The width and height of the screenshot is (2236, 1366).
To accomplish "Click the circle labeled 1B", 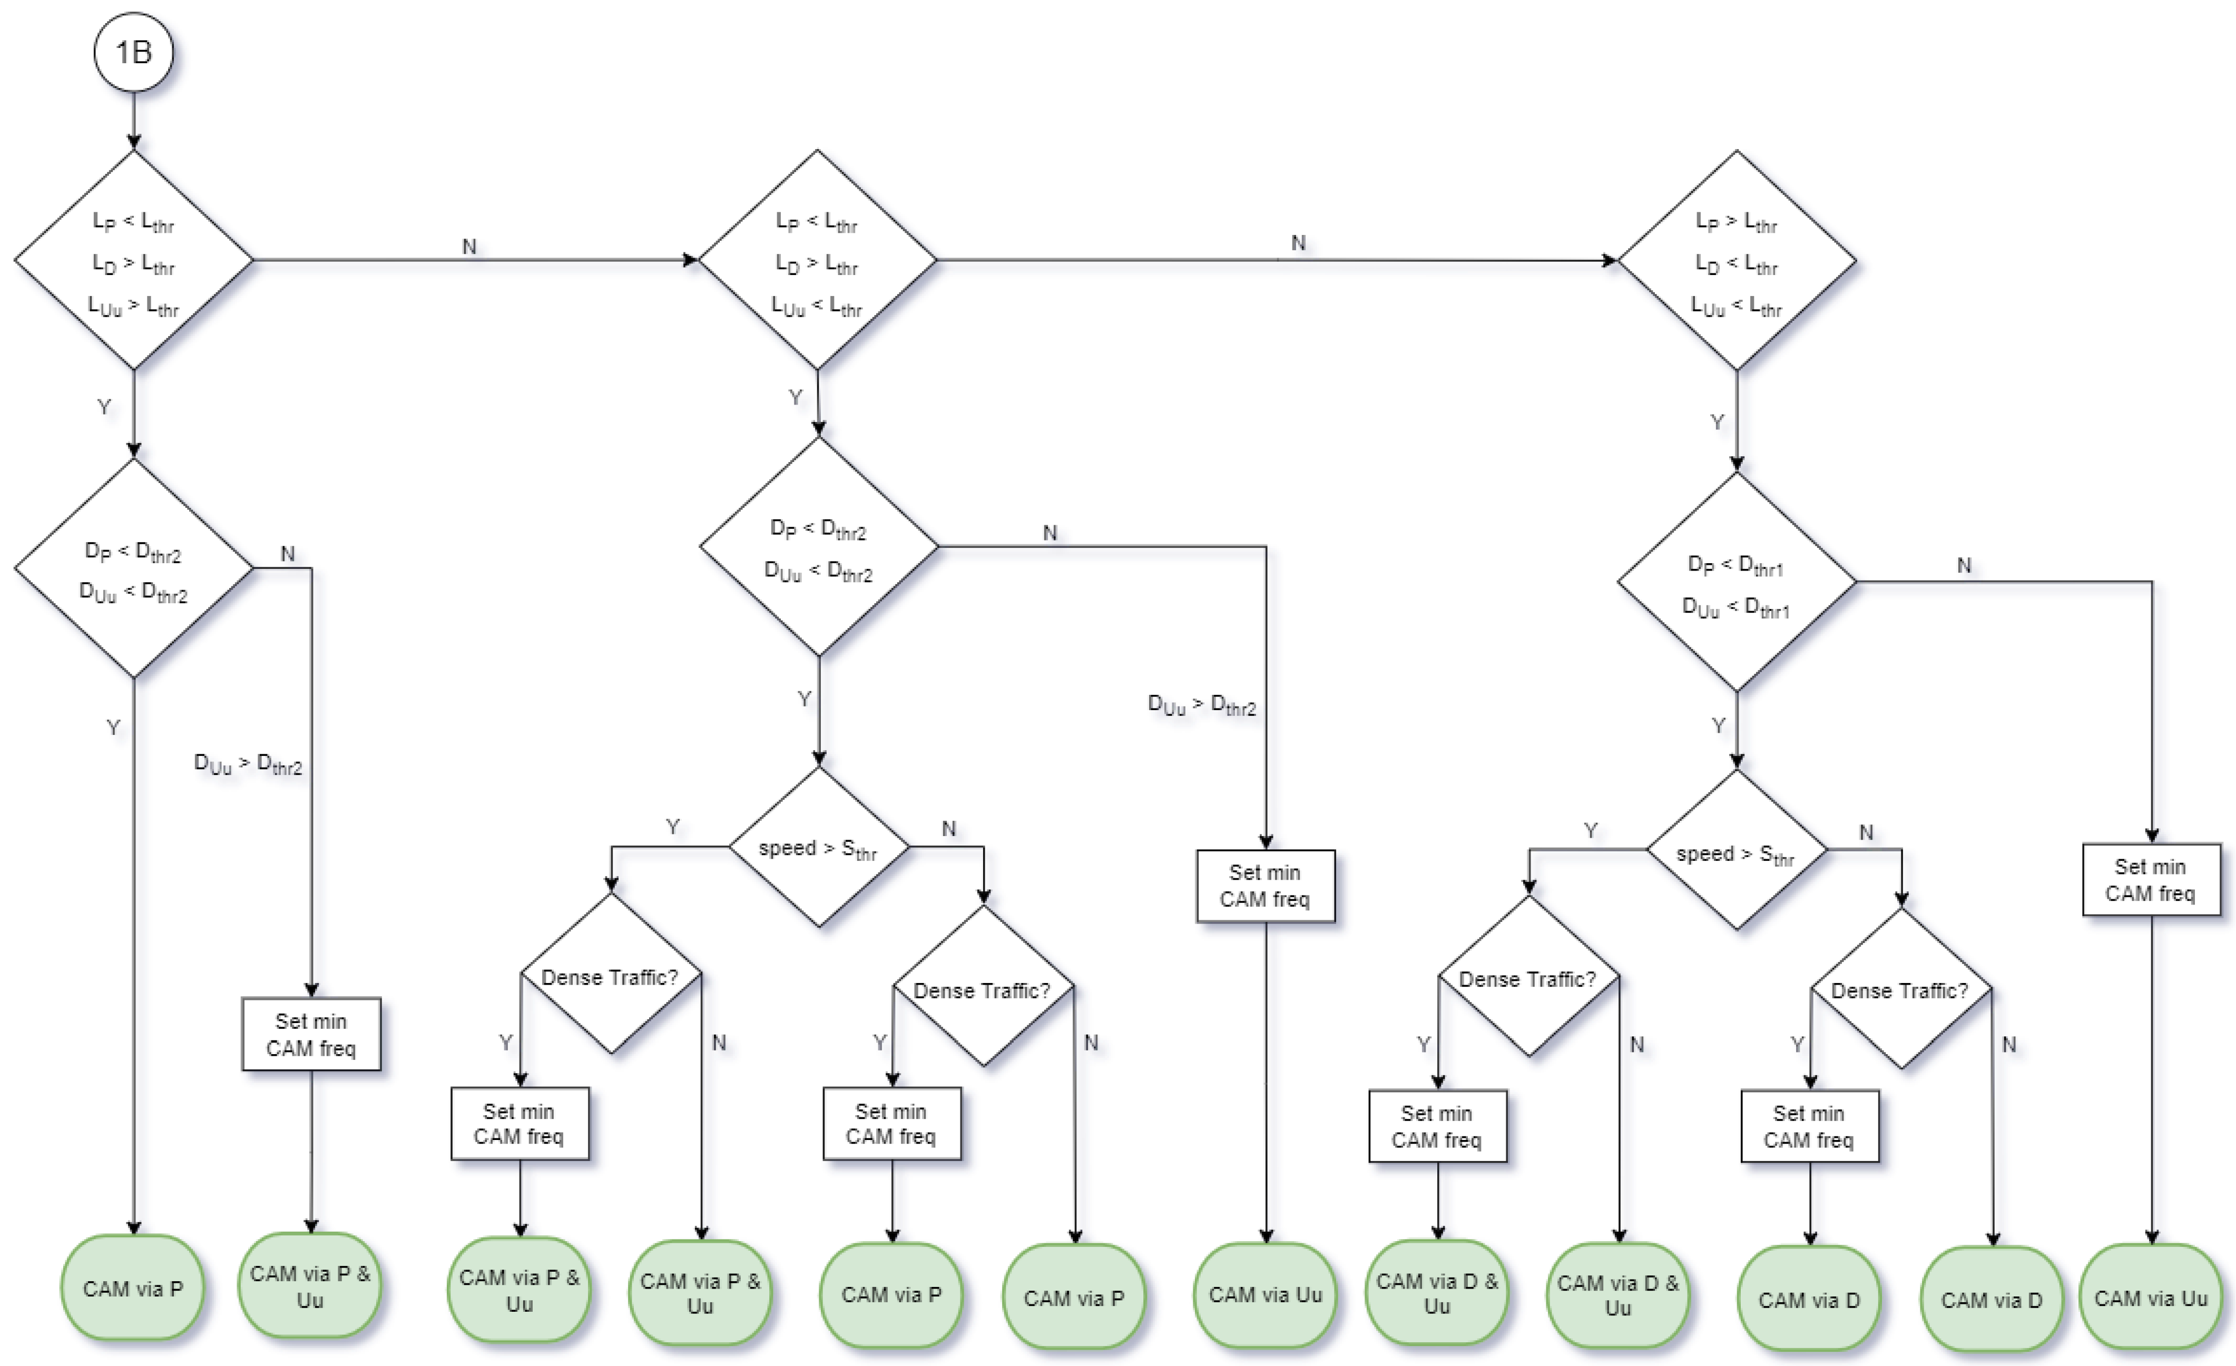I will (x=133, y=52).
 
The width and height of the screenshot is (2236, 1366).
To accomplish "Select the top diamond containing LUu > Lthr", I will (x=133, y=260).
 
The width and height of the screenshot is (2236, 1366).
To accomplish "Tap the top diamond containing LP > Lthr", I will (x=1736, y=260).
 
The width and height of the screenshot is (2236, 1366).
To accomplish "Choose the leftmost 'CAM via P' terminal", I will (x=133, y=1288).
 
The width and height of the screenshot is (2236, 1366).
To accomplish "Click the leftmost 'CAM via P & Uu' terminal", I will (x=310, y=1286).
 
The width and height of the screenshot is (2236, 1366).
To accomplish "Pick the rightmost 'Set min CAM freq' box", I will (x=2151, y=880).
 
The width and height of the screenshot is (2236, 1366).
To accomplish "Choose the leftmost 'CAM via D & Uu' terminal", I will (x=1437, y=1293).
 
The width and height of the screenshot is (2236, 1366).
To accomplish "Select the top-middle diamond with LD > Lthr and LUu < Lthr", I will (x=817, y=260).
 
